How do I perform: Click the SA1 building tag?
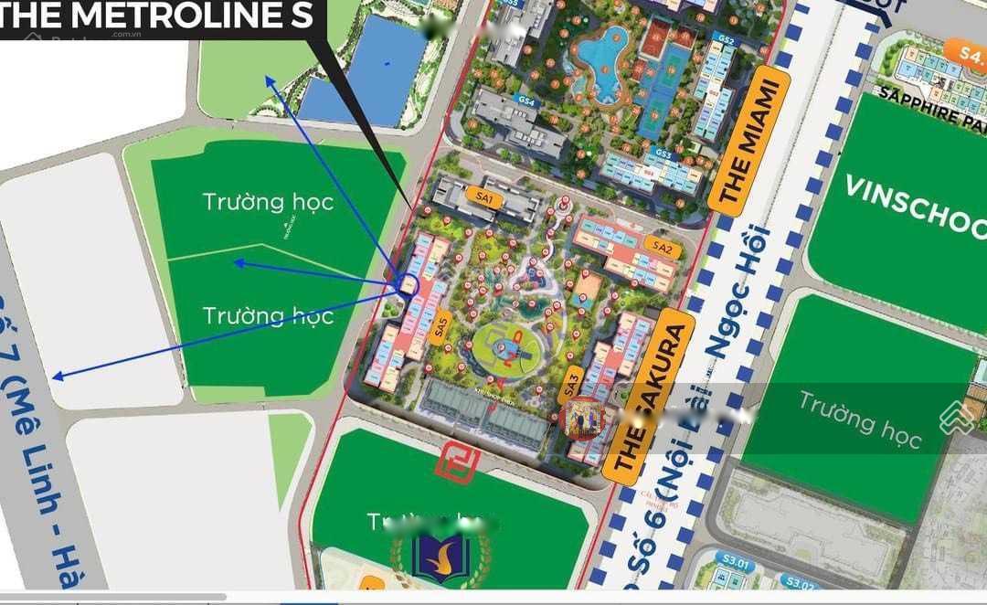point(484,196)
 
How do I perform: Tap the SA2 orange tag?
point(663,246)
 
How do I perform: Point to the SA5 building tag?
point(442,326)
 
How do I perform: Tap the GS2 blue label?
point(726,40)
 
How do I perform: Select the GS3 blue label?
point(664,154)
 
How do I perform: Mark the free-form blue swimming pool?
point(600,62)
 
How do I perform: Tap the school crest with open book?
point(440,557)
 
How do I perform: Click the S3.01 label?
point(736,564)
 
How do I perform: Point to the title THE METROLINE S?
point(155,16)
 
